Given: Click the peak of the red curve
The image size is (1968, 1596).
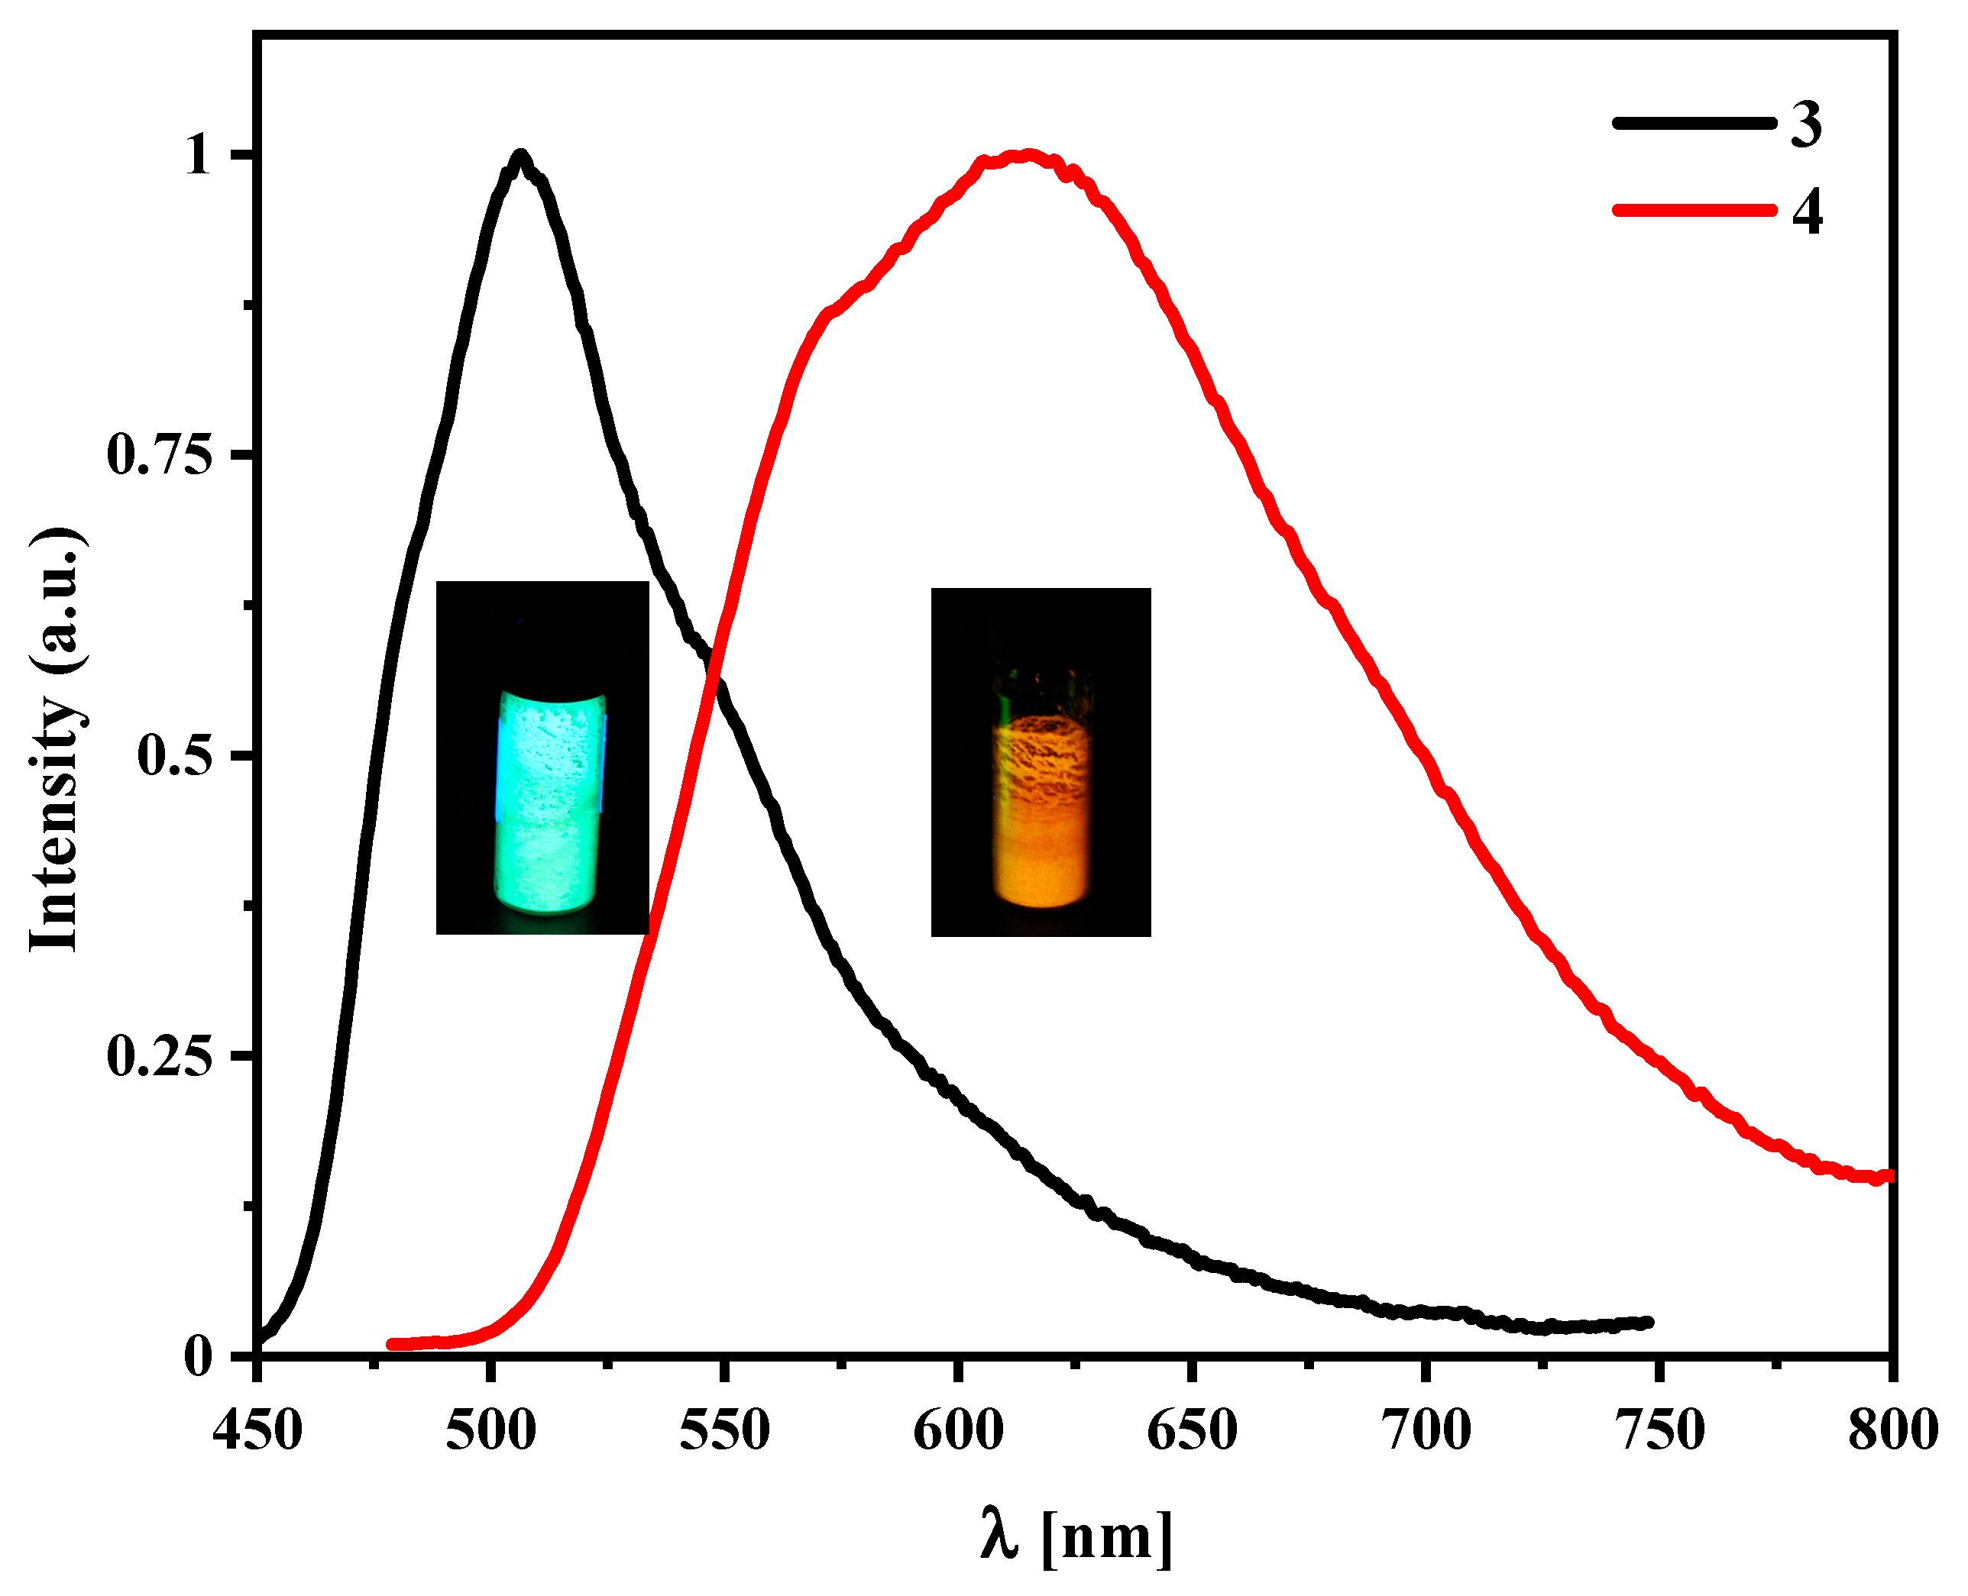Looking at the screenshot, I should tap(1028, 155).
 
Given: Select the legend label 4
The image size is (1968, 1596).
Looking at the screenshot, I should tap(1806, 212).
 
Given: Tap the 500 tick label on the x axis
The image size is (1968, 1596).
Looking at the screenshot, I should tap(490, 1430).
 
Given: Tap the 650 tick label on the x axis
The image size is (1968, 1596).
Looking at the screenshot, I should tap(1192, 1430).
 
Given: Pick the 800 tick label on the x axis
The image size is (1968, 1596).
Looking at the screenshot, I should tap(1892, 1430).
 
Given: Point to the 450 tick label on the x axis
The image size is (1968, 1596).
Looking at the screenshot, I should tap(257, 1430).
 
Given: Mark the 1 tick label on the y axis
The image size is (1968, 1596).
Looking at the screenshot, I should tap(197, 155).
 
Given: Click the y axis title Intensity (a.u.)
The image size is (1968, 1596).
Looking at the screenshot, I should tap(57, 739).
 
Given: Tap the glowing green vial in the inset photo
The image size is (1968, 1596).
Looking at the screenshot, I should tap(549, 800).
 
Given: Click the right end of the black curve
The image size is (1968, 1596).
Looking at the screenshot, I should tap(1650, 1322).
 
